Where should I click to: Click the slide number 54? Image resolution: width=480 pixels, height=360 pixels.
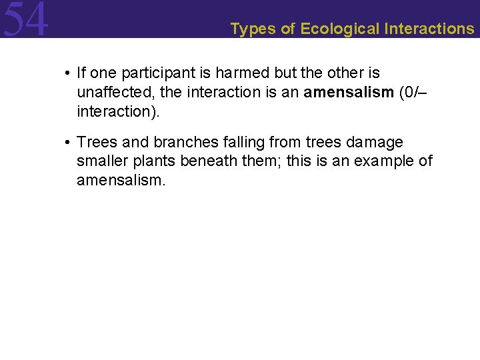coord(25,19)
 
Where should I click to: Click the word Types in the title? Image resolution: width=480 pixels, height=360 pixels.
coord(249,29)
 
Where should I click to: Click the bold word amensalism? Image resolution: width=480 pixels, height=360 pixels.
coord(349,92)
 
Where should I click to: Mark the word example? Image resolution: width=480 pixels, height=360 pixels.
coord(381,161)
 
